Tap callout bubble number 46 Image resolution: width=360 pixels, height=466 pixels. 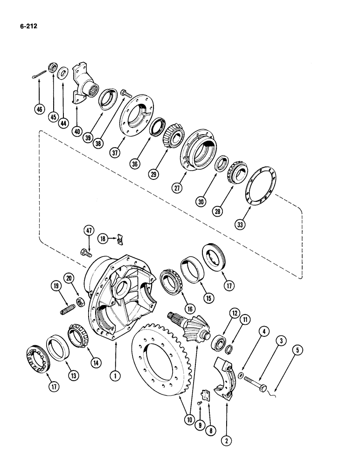click(39, 110)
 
